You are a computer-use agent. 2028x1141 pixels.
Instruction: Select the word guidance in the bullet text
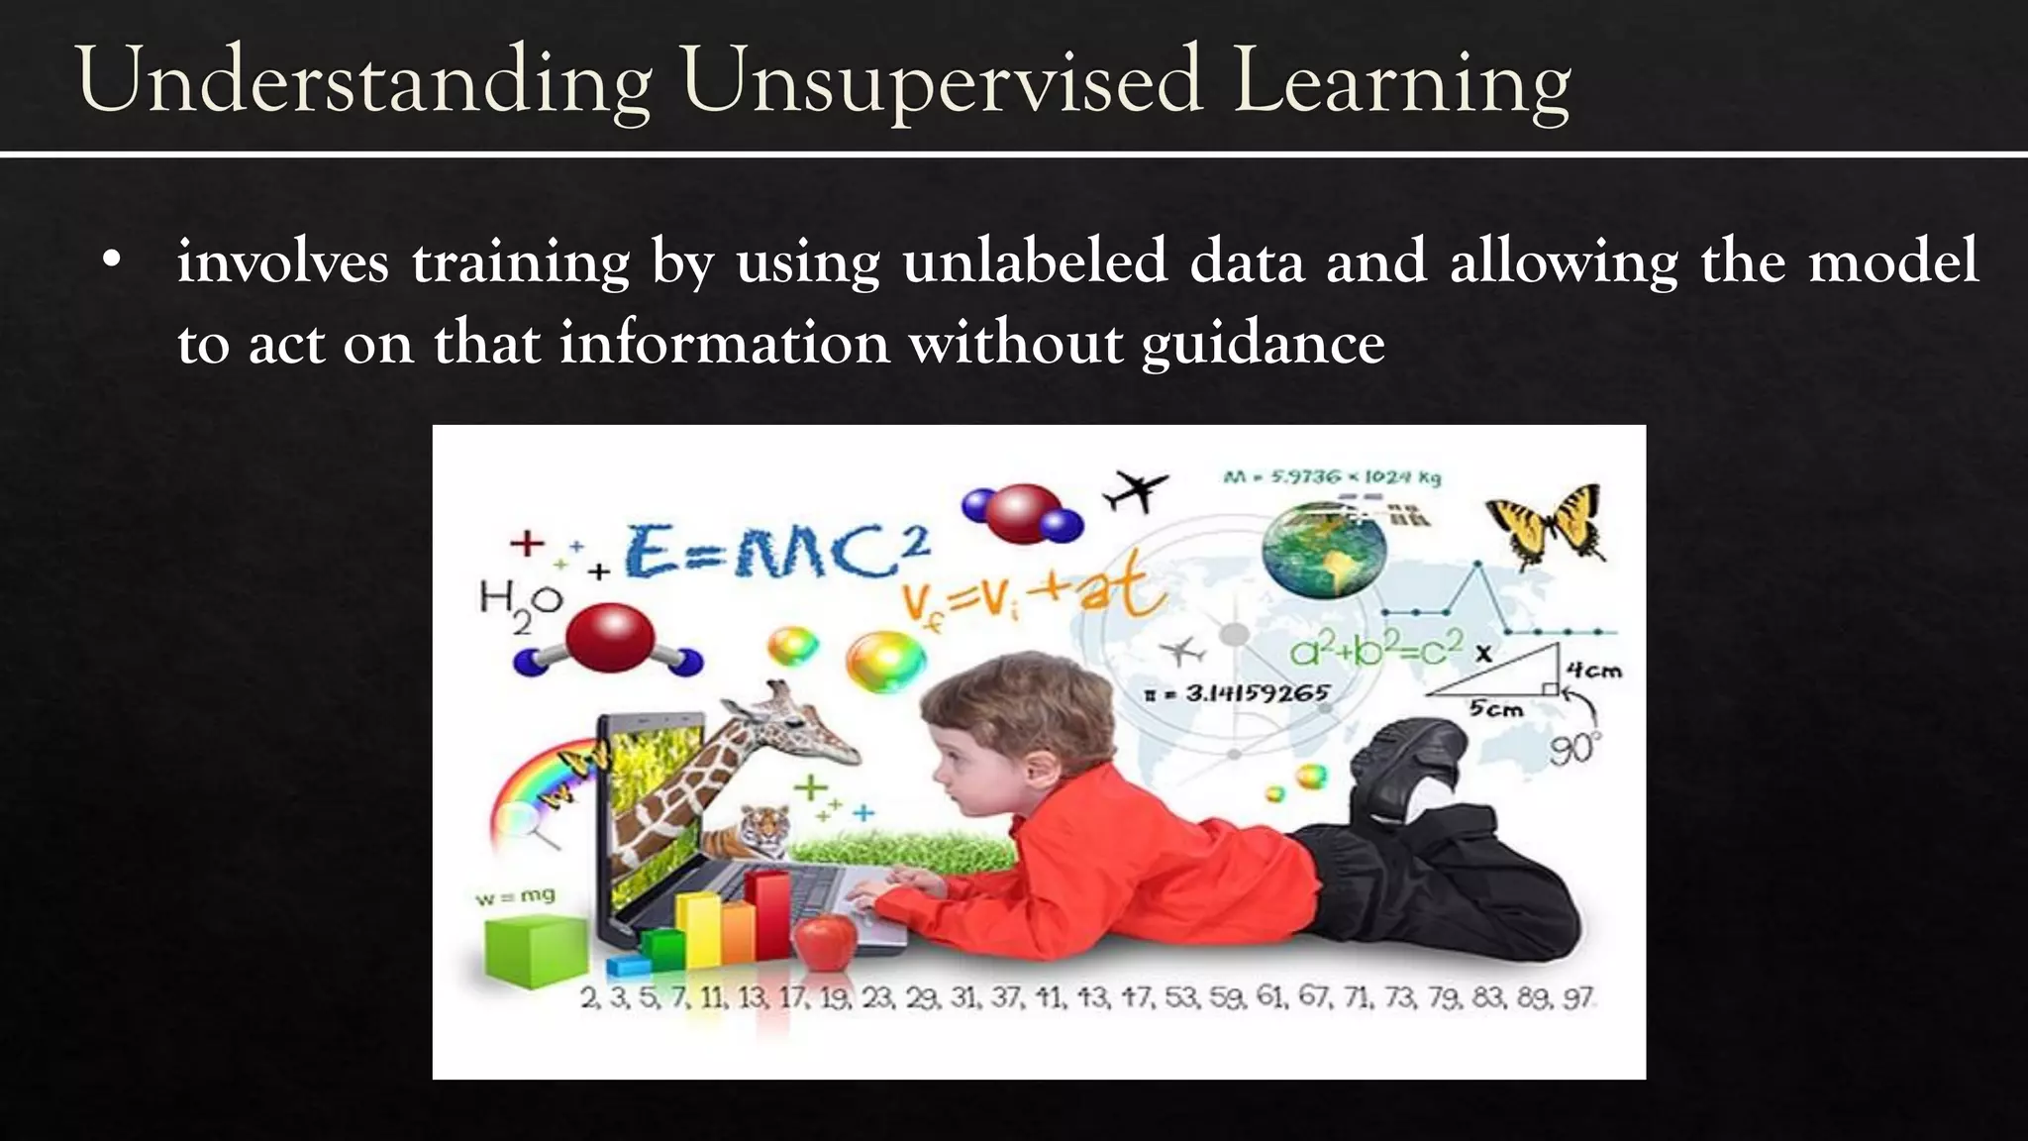pyautogui.click(x=1263, y=344)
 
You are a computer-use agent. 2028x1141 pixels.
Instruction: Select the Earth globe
pyautogui.click(x=1324, y=551)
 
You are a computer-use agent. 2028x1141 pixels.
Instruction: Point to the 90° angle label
pyautogui.click(x=1573, y=750)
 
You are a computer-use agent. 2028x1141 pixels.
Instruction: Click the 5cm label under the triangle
pyautogui.click(x=1495, y=709)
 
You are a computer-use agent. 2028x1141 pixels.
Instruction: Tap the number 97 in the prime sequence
pyautogui.click(x=1577, y=997)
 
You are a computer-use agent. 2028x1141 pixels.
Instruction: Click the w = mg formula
pyautogui.click(x=515, y=896)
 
